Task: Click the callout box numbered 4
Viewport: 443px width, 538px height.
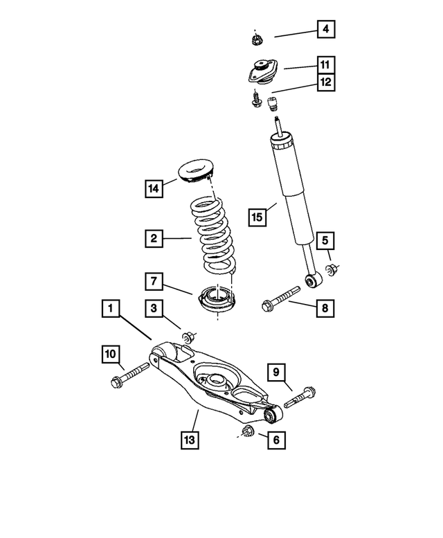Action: (325, 30)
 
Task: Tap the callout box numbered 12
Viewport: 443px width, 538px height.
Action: (325, 82)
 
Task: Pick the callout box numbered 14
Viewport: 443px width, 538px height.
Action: (154, 188)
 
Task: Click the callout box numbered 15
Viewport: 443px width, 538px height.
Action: (257, 217)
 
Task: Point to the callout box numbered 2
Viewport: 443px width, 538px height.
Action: (154, 240)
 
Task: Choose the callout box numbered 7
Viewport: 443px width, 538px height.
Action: (154, 282)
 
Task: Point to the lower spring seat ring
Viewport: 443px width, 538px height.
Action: (217, 302)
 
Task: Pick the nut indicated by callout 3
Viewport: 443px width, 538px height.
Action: (188, 337)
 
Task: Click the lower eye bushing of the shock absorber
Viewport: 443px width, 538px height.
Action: (312, 281)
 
